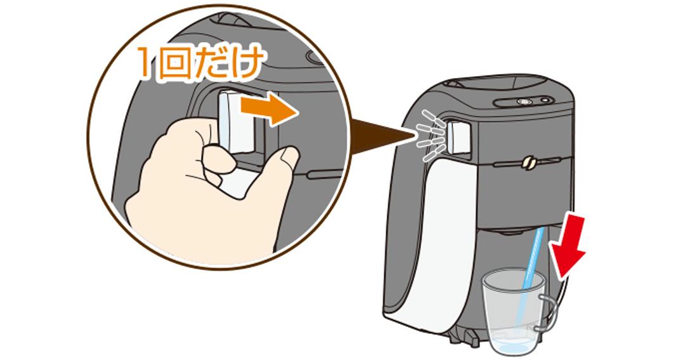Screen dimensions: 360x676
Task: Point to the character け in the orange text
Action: (x=244, y=65)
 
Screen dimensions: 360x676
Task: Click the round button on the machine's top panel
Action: (x=524, y=103)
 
